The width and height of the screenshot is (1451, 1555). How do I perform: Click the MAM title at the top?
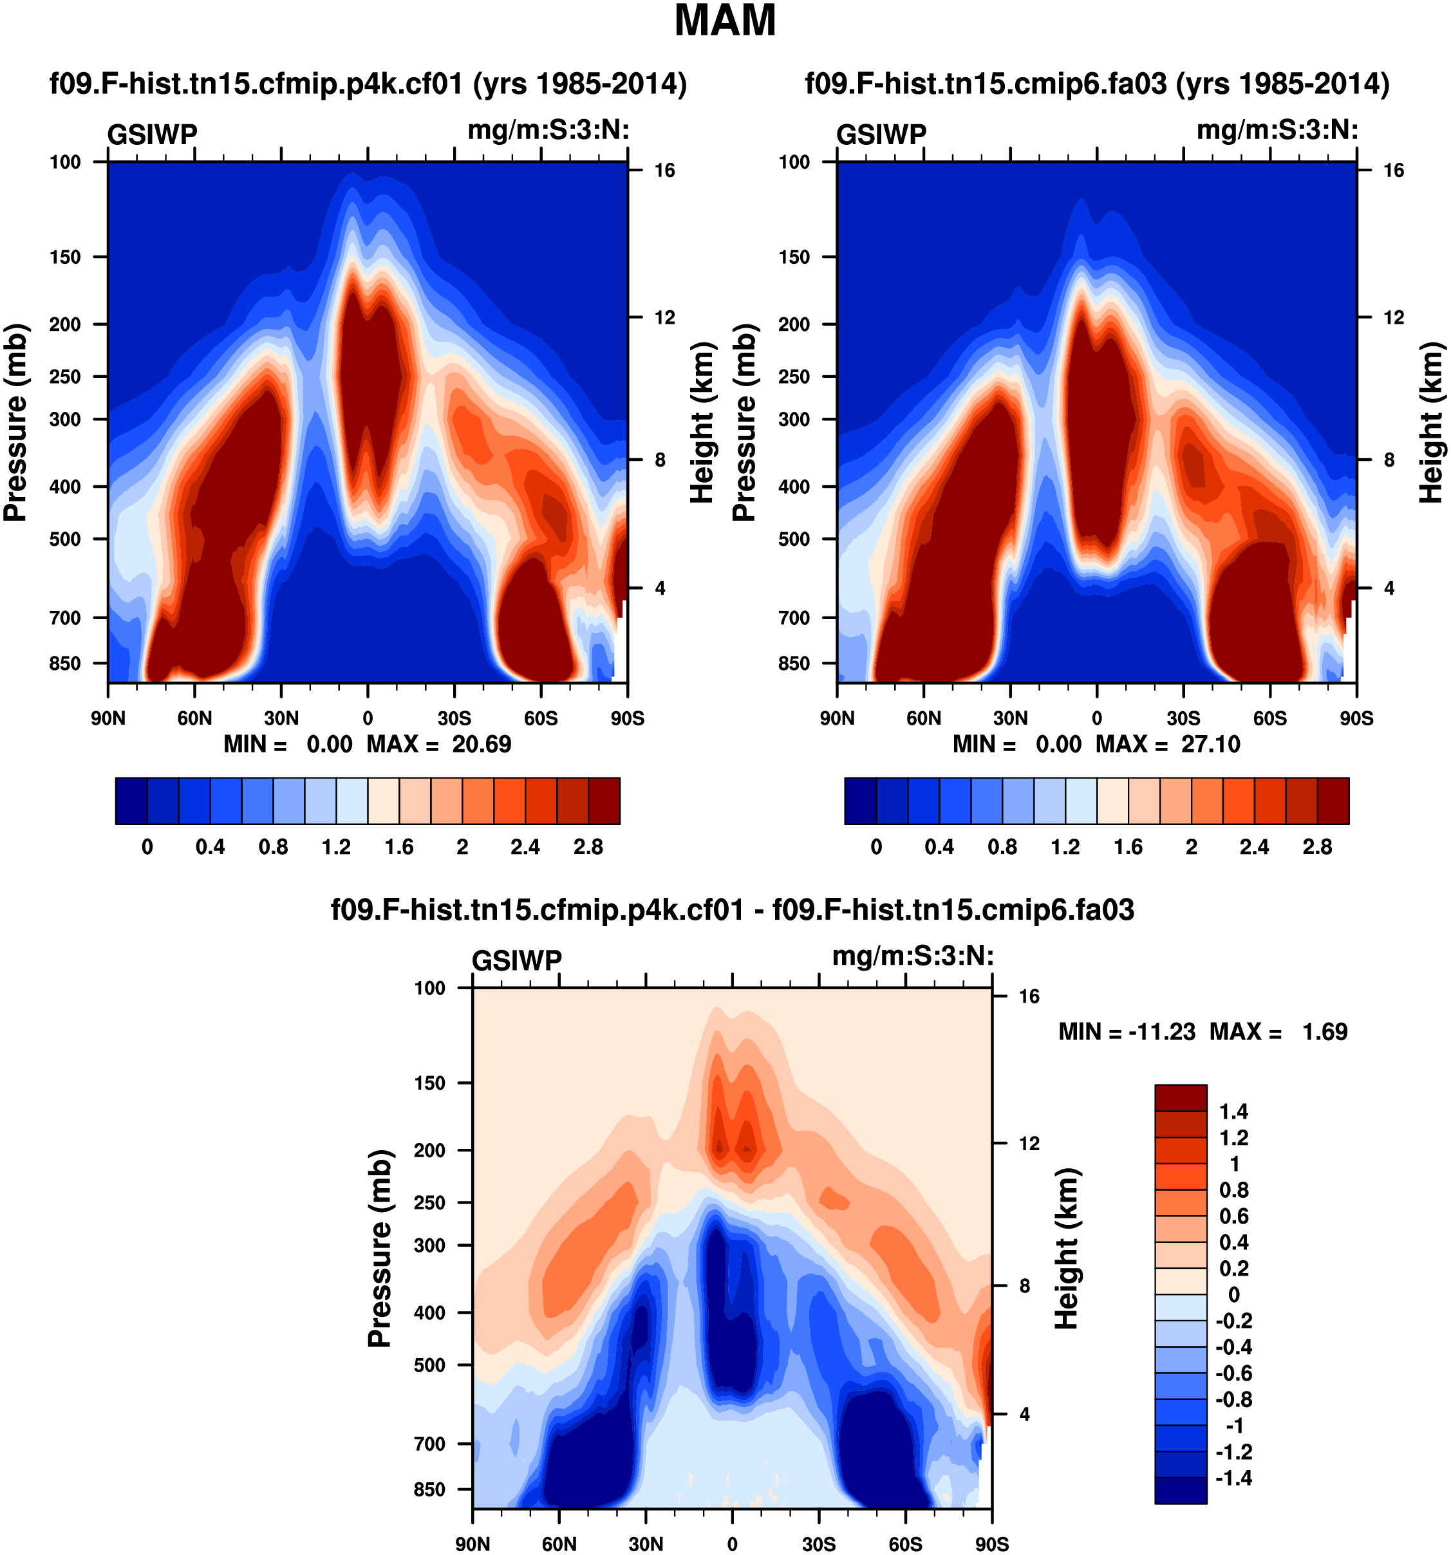coord(724,21)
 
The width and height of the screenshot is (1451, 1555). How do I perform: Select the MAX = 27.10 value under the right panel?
coord(1168,744)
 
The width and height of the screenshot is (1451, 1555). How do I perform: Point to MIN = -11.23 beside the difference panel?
coord(1127,1032)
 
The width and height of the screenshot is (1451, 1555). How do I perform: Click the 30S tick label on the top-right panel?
coord(1183,718)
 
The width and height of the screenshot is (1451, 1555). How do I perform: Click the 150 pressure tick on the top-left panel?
coord(65,257)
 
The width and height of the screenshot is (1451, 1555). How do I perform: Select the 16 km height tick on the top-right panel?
coord(1393,171)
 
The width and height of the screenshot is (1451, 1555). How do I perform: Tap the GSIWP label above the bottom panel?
coord(517,960)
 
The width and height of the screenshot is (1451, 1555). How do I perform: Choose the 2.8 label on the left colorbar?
coord(588,847)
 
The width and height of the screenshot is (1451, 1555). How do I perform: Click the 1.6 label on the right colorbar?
coord(1128,847)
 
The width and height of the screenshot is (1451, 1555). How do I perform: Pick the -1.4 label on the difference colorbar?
coord(1233,1478)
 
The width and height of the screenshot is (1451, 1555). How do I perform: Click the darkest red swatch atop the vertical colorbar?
coord(1181,1097)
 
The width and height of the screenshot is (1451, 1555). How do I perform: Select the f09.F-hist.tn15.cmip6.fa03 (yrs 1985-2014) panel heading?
coord(1097,84)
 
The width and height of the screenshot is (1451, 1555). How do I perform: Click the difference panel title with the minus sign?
coord(732,909)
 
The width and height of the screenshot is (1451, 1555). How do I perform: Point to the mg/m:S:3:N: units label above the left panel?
coord(548,130)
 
